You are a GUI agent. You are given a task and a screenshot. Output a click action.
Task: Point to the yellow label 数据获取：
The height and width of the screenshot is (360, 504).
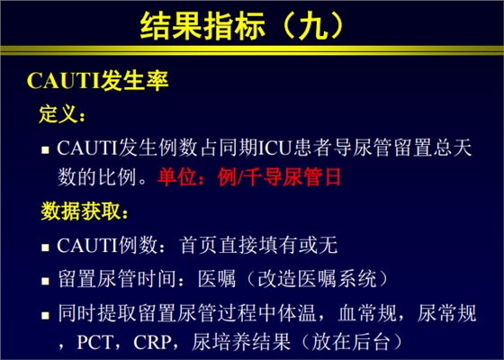pos(86,212)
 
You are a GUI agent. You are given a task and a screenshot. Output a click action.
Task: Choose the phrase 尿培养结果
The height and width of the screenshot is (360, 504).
pos(238,343)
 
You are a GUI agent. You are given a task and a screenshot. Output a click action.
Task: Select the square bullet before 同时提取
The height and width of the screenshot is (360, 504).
pos(45,313)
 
